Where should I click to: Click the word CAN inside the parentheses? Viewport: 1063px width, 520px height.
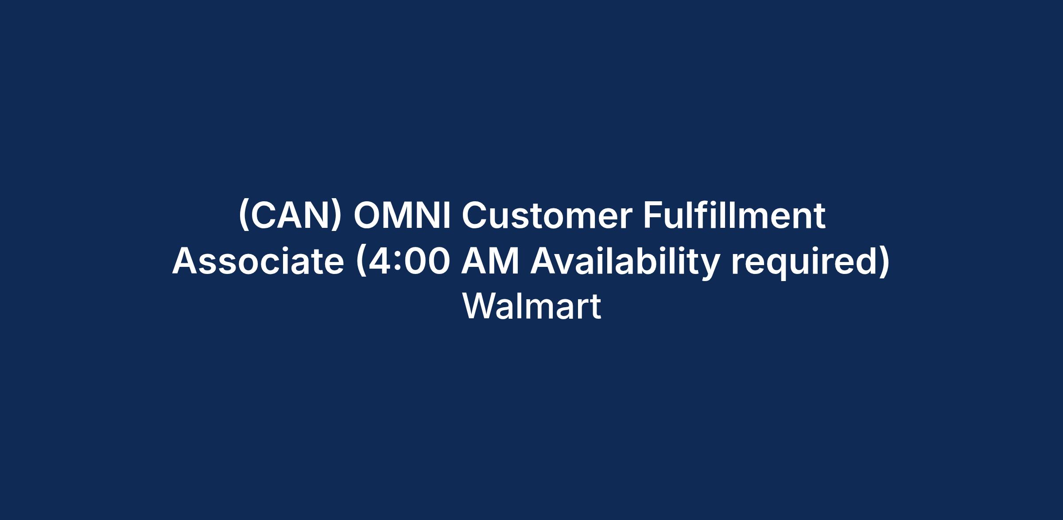point(290,216)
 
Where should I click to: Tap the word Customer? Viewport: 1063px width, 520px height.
point(547,216)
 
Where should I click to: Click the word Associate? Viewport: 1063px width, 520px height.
point(258,261)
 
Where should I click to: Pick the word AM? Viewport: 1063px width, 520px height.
point(490,261)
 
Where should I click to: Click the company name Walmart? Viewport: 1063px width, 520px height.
point(532,306)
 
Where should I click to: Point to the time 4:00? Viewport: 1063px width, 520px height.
point(407,261)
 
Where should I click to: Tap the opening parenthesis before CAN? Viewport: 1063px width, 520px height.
point(243,217)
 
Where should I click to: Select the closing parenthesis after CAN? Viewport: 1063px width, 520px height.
point(337,217)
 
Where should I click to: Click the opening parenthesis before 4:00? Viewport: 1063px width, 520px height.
point(361,262)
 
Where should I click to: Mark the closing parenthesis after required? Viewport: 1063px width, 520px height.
point(884,262)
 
